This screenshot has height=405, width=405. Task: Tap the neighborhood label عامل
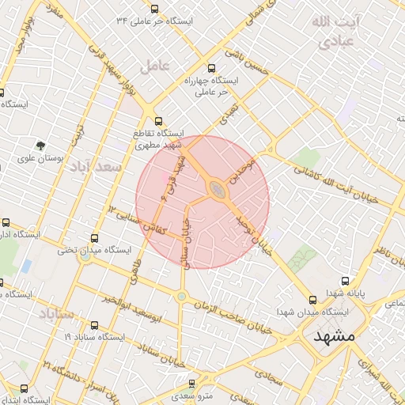[x=155, y=67]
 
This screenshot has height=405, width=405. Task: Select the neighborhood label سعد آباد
[x=96, y=167]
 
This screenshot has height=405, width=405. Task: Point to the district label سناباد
[x=55, y=315]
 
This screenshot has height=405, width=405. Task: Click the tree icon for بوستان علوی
[x=40, y=146]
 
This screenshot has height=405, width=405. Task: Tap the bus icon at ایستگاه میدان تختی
[x=95, y=237]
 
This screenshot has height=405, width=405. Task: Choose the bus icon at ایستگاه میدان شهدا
[x=313, y=300]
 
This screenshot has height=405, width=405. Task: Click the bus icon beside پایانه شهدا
[x=345, y=280]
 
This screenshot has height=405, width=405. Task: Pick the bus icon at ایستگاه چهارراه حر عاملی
[x=211, y=68]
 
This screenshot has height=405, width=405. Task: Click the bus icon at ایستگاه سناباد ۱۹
[x=95, y=324]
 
